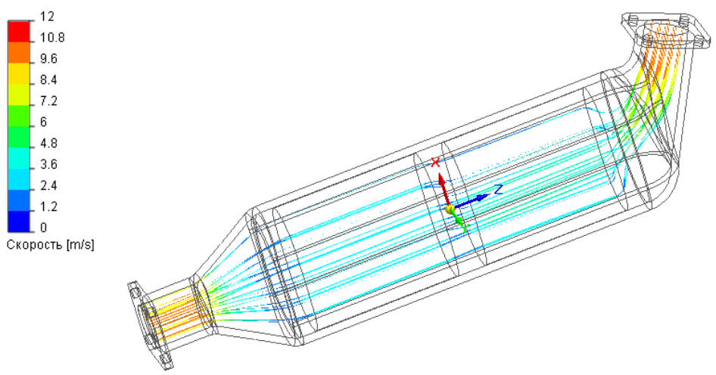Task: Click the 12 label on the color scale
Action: (47, 17)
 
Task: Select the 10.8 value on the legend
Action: (52, 38)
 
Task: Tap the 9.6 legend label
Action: (48, 59)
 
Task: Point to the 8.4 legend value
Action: (48, 80)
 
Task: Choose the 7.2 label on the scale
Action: (48, 101)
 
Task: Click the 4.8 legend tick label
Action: (48, 144)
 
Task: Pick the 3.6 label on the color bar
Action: (48, 165)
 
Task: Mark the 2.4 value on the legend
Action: (48, 186)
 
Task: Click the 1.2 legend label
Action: (48, 207)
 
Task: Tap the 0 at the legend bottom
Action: (43, 228)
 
